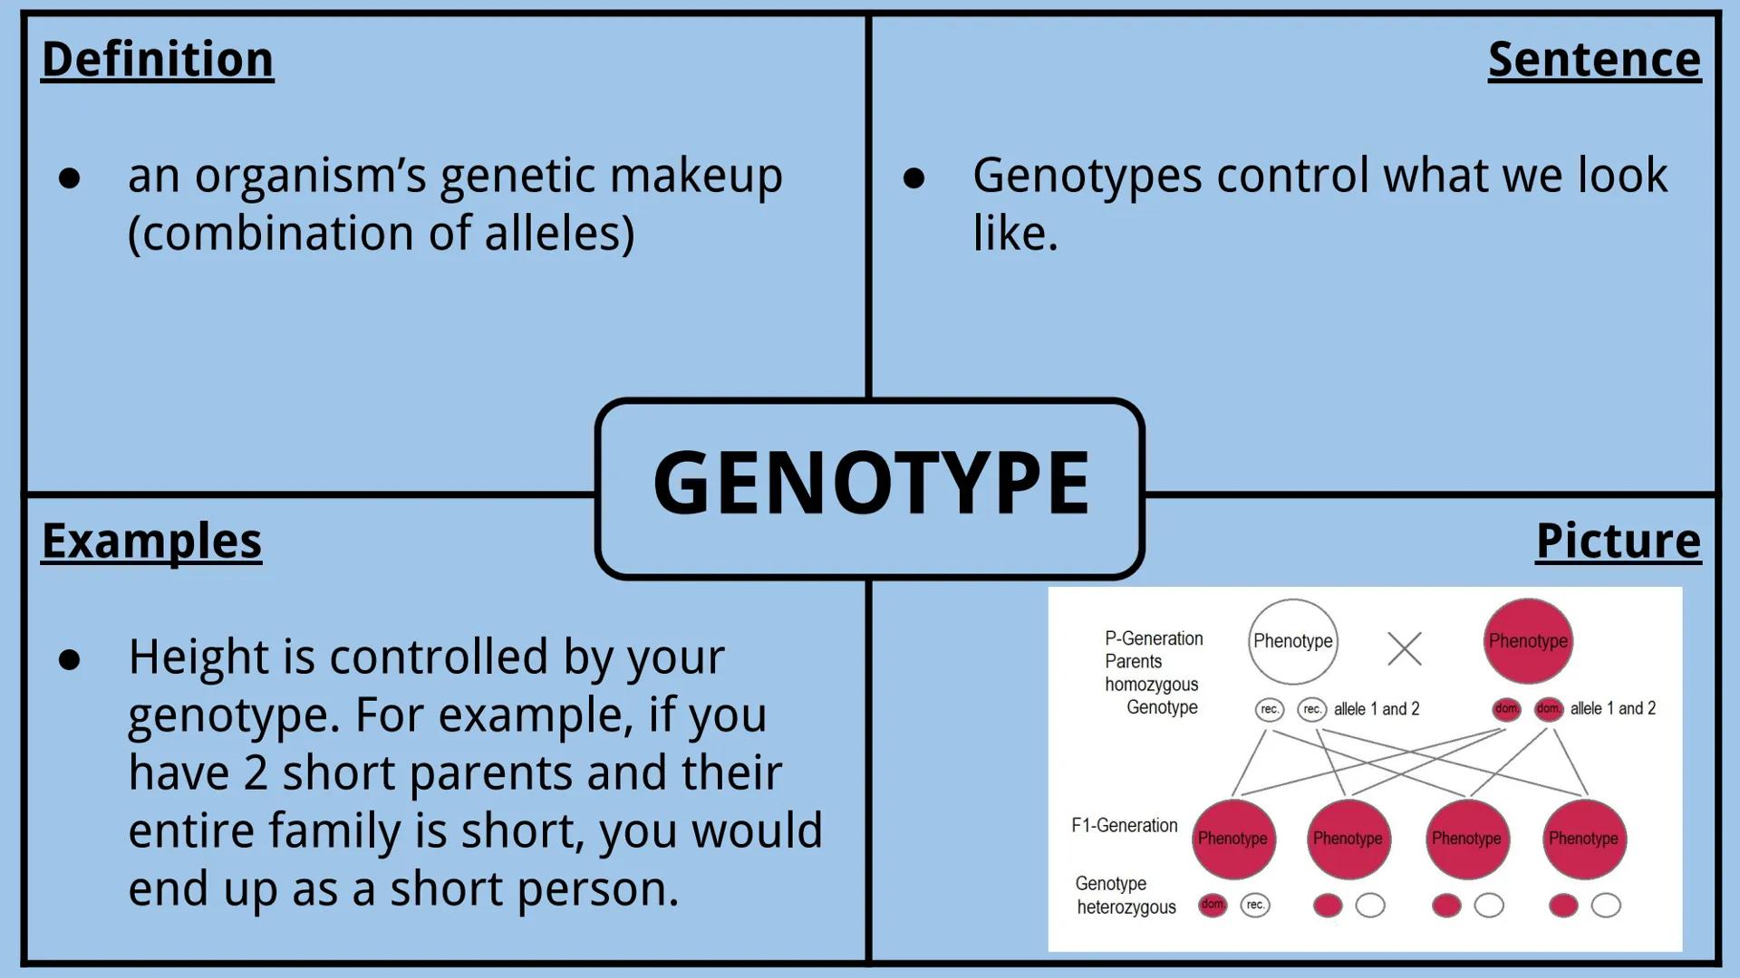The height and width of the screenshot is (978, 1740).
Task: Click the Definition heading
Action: pos(158,60)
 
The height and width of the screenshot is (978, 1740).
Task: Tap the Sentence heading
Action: pos(1594,60)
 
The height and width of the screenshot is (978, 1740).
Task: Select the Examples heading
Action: pos(151,541)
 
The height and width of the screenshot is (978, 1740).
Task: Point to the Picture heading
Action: pos(1618,541)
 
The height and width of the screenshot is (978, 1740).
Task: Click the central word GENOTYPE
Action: pos(870,484)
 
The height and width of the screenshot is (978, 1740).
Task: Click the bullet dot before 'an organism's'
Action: pos(70,177)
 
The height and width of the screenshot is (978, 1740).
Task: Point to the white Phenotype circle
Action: pos(1292,641)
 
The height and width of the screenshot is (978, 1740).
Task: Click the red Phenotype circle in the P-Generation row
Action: pos(1528,641)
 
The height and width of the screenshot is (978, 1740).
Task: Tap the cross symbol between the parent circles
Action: pos(1405,648)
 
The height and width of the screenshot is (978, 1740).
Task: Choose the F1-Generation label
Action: pos(1125,825)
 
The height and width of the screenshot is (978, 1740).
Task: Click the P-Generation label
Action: pos(1154,638)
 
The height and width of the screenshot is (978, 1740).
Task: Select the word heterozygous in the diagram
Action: pos(1126,906)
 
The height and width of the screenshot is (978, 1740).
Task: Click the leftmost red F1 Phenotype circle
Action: pos(1232,839)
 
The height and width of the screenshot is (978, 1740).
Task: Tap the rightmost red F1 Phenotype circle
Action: pos(1583,839)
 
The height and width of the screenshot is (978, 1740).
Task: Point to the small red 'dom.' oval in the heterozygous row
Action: pos(1213,905)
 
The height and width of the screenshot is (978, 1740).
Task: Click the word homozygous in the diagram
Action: pos(1151,685)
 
